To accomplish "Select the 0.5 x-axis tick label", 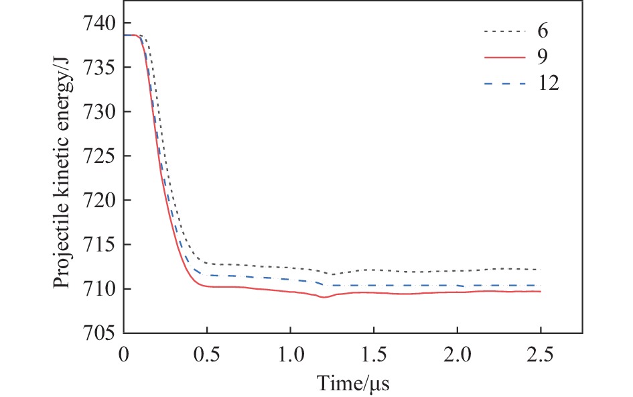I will pyautogui.click(x=207, y=351).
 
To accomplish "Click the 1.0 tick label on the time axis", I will pyautogui.click(x=290, y=351).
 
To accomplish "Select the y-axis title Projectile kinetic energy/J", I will pyautogui.click(x=62, y=178).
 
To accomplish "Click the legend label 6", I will pyautogui.click(x=543, y=31).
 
